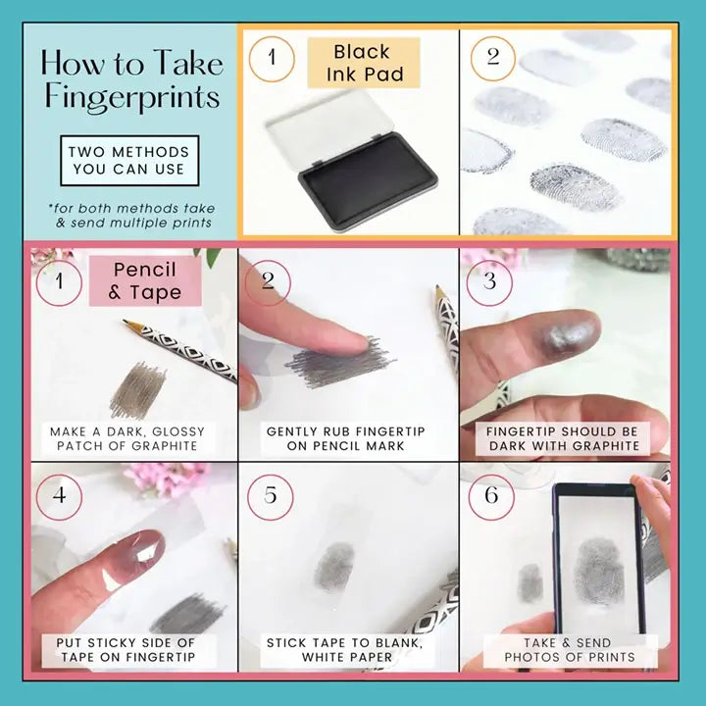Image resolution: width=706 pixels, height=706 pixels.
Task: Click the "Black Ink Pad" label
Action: pyautogui.click(x=364, y=63)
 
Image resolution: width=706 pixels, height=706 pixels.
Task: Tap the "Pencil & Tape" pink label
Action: pyautogui.click(x=145, y=281)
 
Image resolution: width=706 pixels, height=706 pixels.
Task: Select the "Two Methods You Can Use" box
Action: pyautogui.click(x=129, y=160)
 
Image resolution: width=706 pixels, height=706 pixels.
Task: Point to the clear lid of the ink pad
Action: pyautogui.click(x=331, y=128)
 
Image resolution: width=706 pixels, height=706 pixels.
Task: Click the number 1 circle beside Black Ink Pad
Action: pyautogui.click(x=272, y=59)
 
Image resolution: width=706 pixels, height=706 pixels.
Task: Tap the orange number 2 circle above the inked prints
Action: pyautogui.click(x=493, y=59)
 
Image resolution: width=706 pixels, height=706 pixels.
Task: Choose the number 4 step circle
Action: pyautogui.click(x=59, y=497)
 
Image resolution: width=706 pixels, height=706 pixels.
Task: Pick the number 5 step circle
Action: pyautogui.click(x=271, y=497)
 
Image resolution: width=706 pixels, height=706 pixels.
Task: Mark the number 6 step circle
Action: pyautogui.click(x=491, y=497)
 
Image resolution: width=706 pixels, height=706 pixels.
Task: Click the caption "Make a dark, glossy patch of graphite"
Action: pyautogui.click(x=127, y=438)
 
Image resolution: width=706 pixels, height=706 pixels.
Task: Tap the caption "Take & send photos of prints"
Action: pyautogui.click(x=570, y=650)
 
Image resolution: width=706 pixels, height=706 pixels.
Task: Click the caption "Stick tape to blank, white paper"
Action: pyautogui.click(x=345, y=650)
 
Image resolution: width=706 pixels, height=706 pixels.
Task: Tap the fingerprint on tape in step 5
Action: pyautogui.click(x=335, y=567)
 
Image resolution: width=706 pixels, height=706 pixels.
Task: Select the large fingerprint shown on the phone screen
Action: pyautogui.click(x=599, y=571)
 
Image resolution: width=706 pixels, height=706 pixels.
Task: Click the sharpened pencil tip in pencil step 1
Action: pyautogui.click(x=125, y=322)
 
